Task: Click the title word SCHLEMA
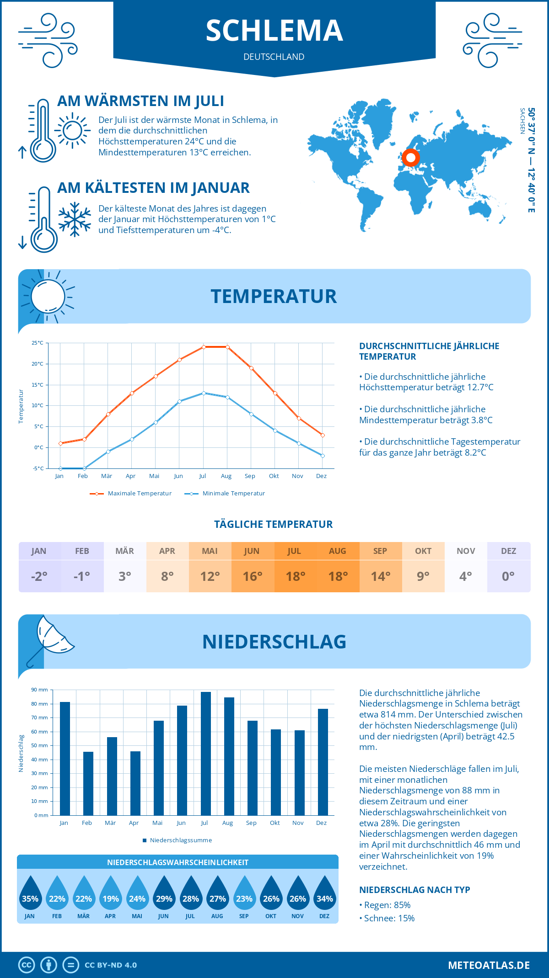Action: point(274,31)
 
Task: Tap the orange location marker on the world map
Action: point(411,158)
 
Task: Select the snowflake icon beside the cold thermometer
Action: point(75,219)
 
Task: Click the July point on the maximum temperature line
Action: point(204,347)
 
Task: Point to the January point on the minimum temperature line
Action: point(60,468)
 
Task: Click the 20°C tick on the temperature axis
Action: point(38,364)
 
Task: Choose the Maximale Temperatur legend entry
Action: point(131,494)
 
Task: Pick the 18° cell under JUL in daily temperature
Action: point(295,576)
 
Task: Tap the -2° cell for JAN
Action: point(39,576)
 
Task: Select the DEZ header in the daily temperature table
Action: point(508,551)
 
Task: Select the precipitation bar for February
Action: point(88,783)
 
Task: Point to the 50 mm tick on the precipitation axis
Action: point(39,745)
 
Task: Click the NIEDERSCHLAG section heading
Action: point(274,642)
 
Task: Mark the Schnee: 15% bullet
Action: point(389,918)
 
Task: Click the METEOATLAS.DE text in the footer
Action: point(489,965)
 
